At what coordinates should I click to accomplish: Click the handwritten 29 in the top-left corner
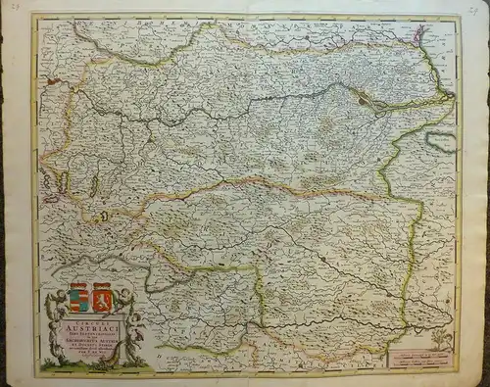pos(12,7)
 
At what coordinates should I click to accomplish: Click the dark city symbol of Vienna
pos(364,97)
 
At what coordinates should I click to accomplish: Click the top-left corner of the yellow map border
pos(35,16)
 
